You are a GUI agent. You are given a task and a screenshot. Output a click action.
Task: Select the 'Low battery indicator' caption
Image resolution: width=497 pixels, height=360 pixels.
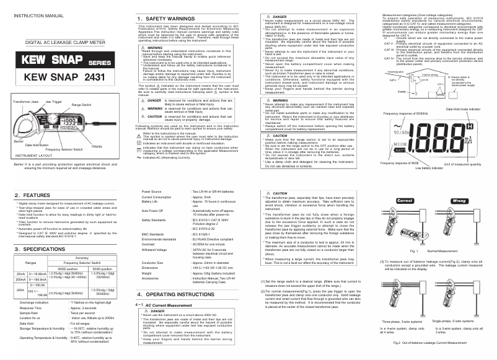point(434,168)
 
